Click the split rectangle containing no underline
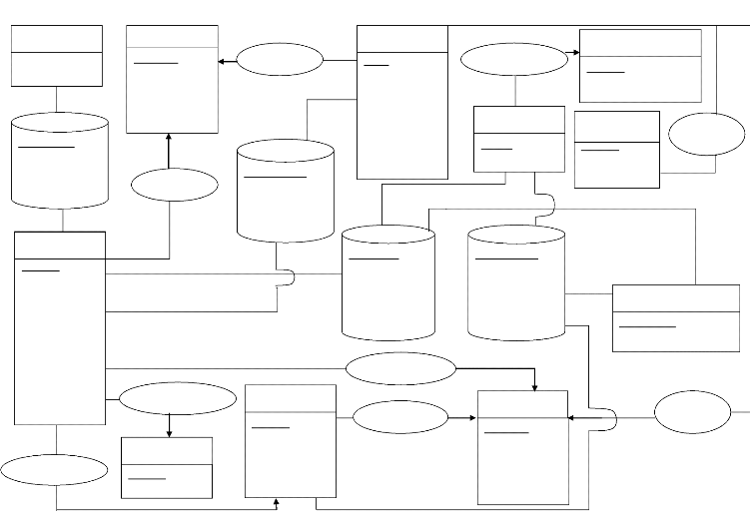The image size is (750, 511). pyautogui.click(x=56, y=55)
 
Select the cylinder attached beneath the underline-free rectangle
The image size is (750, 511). pyautogui.click(x=59, y=160)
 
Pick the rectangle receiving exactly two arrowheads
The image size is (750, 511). pyautogui.click(x=172, y=80)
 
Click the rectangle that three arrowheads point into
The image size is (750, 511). pyautogui.click(x=522, y=447)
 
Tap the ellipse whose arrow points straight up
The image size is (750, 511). pyautogui.click(x=174, y=185)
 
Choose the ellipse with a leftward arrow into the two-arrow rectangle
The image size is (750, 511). pyautogui.click(x=281, y=60)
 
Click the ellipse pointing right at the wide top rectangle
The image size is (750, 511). pyautogui.click(x=514, y=58)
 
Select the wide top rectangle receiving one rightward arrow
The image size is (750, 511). pyautogui.click(x=639, y=65)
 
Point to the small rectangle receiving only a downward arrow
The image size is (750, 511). pyautogui.click(x=166, y=467)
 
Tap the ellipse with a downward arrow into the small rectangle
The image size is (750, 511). pyautogui.click(x=177, y=398)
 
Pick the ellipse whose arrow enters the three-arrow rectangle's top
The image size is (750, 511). pyautogui.click(x=400, y=368)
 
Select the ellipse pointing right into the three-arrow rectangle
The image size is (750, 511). pyautogui.click(x=400, y=417)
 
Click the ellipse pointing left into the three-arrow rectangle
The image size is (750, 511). pyautogui.click(x=693, y=412)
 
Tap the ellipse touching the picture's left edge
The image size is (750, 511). pyautogui.click(x=54, y=469)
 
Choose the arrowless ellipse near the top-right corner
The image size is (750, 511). pyautogui.click(x=706, y=134)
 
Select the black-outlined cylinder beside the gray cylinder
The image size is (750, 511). pyautogui.click(x=387, y=283)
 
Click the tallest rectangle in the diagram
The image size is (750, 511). pyautogui.click(x=59, y=327)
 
